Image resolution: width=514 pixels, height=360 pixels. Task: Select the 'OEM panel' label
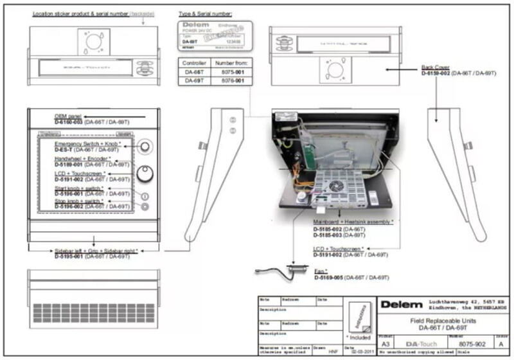click(66, 116)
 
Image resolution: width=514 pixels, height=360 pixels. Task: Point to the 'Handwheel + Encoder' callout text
click(80, 158)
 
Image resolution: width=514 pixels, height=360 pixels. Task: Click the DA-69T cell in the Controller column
click(194, 85)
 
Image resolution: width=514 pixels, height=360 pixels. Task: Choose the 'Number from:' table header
click(231, 63)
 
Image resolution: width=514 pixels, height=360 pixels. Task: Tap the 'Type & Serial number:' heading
click(206, 13)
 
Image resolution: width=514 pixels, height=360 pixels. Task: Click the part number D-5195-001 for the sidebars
click(73, 256)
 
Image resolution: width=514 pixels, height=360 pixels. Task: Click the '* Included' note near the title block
click(358, 336)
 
